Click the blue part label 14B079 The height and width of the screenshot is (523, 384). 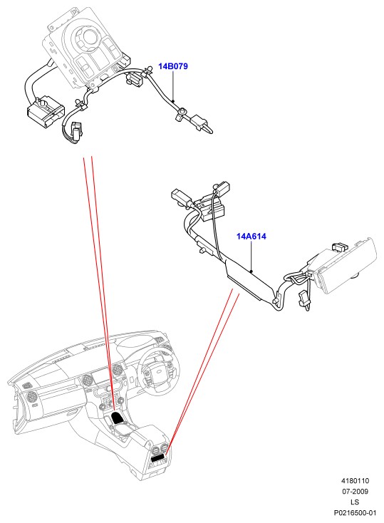[x=173, y=66]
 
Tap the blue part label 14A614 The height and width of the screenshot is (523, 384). [x=251, y=237]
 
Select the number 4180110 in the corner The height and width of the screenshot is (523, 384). [x=355, y=481]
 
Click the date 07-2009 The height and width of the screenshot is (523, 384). [x=355, y=492]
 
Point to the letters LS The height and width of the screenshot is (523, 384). [x=355, y=502]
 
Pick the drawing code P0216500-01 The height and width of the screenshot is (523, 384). [x=355, y=512]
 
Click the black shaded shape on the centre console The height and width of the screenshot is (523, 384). [x=117, y=417]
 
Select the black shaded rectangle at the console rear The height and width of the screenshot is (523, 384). [x=157, y=458]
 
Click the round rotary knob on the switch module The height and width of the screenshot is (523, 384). [x=90, y=36]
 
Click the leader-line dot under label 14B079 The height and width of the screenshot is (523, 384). [x=173, y=100]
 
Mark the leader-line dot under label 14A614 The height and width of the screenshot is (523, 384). [x=251, y=271]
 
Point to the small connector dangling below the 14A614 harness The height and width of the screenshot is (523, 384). [x=305, y=300]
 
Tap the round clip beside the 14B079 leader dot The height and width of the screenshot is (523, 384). [x=183, y=112]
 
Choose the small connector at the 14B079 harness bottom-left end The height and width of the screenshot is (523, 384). [x=76, y=130]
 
